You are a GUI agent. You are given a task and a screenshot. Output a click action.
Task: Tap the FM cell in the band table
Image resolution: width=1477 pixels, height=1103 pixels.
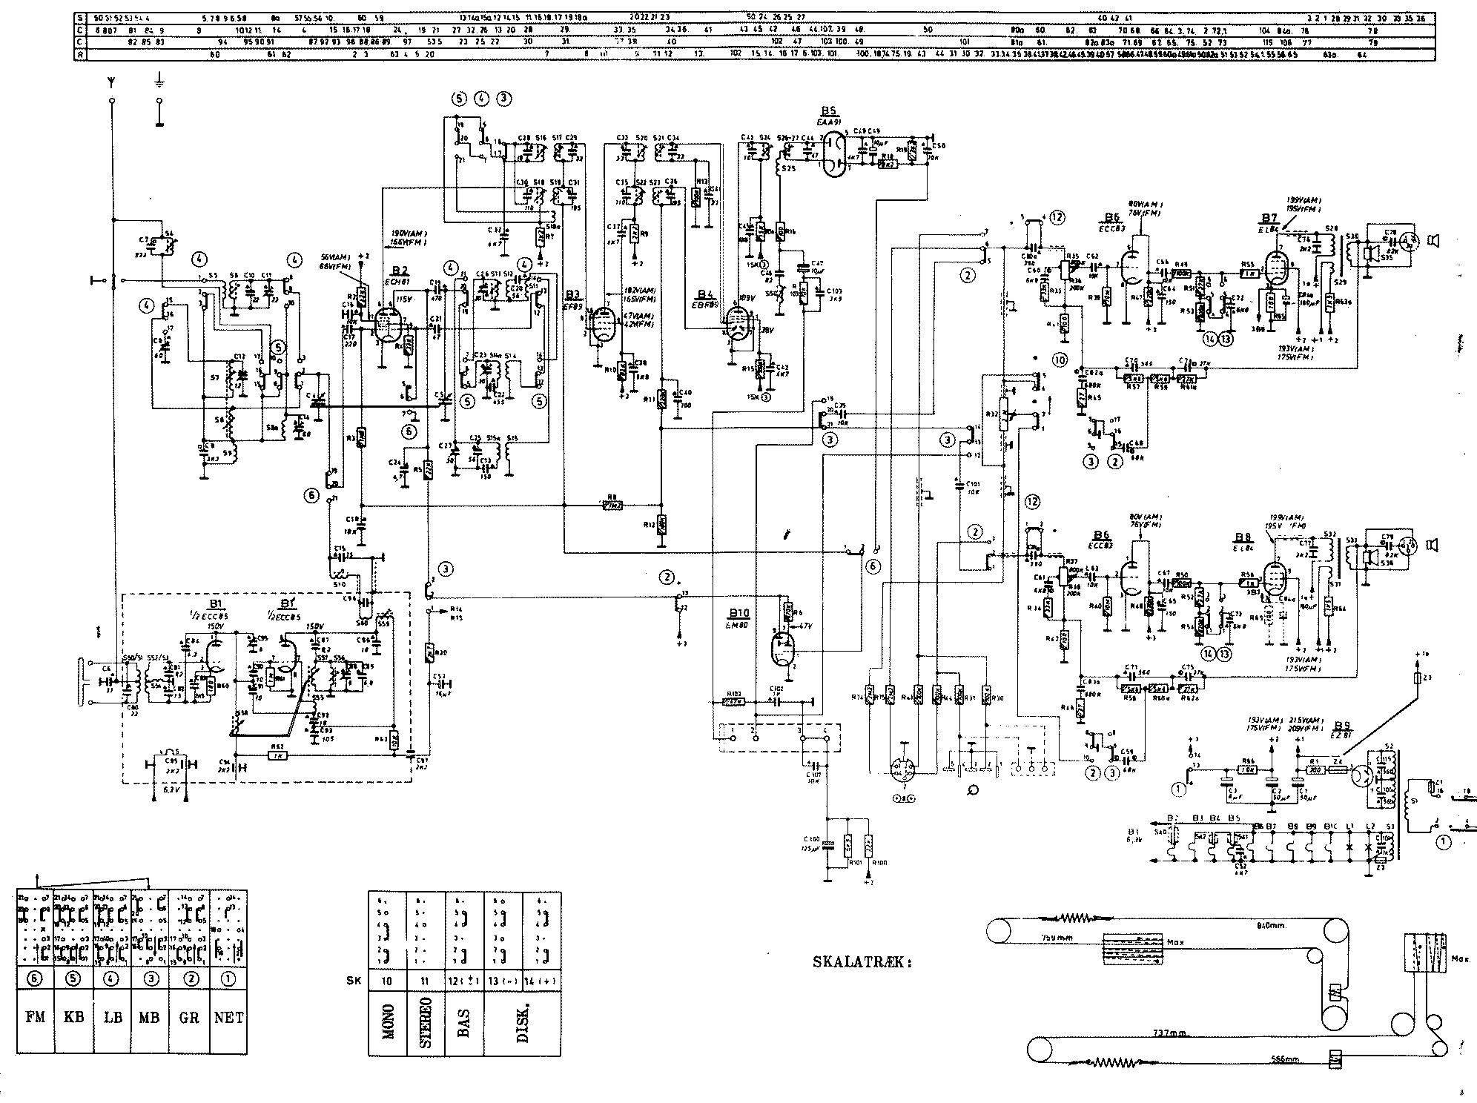point(35,1017)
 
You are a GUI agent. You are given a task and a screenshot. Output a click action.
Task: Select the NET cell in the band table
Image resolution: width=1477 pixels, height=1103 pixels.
point(228,1017)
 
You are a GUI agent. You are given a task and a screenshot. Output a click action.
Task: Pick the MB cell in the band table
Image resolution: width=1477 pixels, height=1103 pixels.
point(150,1017)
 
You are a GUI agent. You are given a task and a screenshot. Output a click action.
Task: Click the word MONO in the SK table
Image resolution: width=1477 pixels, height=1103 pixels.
point(388,1021)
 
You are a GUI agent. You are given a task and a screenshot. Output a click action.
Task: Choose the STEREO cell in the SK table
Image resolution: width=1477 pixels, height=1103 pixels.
point(426,1021)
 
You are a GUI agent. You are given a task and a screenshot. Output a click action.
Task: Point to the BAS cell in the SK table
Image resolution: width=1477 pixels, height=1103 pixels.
point(465,1021)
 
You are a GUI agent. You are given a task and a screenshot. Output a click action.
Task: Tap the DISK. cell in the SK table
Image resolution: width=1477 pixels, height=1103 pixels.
point(523,1021)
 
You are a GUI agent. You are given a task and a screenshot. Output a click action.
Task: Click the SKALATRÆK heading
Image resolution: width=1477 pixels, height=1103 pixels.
point(862,963)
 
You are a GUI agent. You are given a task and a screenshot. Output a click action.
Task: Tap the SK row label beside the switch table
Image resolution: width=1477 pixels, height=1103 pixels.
point(353,980)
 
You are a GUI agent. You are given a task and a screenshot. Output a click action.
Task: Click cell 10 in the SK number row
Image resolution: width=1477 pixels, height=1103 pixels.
point(388,980)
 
